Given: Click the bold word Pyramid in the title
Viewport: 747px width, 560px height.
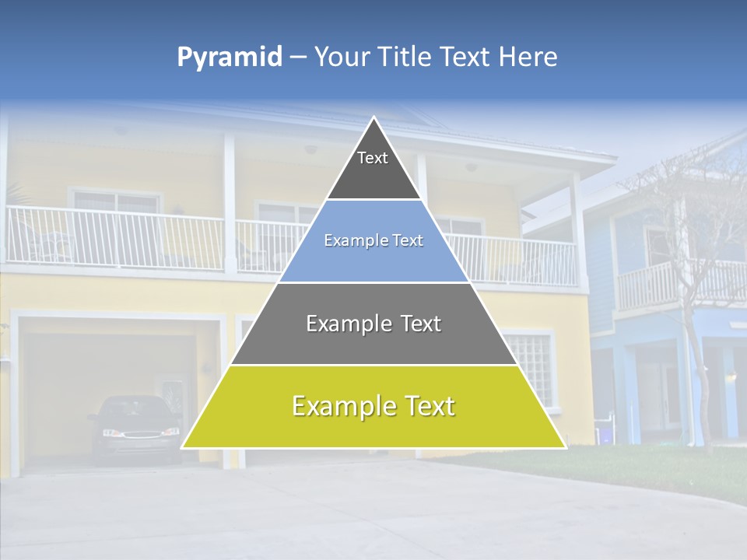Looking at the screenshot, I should coord(229,58).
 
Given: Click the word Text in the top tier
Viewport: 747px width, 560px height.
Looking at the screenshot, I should coord(373,158).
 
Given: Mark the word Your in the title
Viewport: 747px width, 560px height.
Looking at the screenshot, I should coord(342,57).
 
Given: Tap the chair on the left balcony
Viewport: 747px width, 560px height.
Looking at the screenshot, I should coord(51,240).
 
